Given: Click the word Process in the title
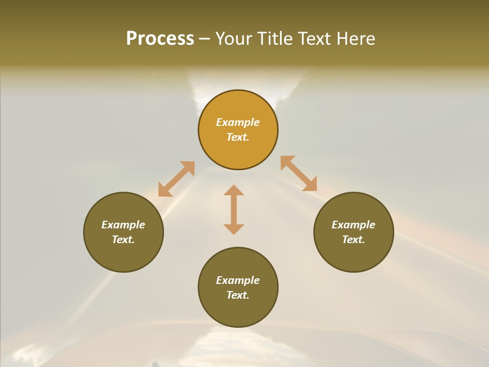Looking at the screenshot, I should [x=160, y=39].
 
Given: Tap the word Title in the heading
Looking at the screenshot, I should [x=276, y=39].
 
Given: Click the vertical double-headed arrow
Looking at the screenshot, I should [x=234, y=209].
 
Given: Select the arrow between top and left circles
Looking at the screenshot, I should [x=176, y=179].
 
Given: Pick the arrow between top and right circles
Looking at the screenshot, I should [x=298, y=173].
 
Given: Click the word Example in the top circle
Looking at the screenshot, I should [x=238, y=122].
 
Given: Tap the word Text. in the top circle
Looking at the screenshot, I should [x=238, y=137].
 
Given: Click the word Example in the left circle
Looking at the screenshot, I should [x=123, y=225].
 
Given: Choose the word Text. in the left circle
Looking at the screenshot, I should [x=123, y=240].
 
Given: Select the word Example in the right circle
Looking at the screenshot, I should [x=354, y=225].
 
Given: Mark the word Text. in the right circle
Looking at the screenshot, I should [x=354, y=240].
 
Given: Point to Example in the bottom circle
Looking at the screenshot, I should [x=238, y=280].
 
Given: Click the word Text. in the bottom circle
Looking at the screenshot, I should [x=238, y=295].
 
